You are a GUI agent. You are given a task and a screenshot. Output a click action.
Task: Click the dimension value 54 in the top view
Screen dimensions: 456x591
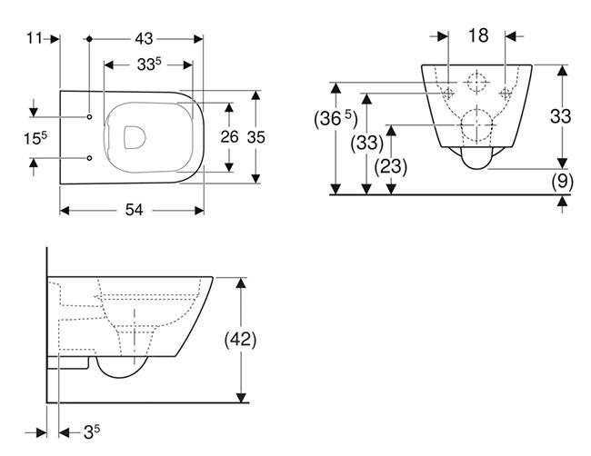(x=133, y=210)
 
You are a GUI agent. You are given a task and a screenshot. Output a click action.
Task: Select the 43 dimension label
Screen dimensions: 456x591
(x=144, y=38)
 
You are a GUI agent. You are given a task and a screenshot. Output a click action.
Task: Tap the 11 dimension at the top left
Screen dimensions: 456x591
(x=35, y=38)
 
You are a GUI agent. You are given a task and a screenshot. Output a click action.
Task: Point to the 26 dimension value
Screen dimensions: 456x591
(x=231, y=136)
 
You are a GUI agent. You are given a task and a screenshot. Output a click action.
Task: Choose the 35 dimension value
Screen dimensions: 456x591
(x=257, y=136)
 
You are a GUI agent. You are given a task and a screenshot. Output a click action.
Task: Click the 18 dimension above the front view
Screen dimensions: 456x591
(x=478, y=36)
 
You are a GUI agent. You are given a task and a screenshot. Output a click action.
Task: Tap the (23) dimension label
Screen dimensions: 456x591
(x=392, y=166)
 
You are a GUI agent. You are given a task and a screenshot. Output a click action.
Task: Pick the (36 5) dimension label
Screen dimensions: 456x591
(x=337, y=119)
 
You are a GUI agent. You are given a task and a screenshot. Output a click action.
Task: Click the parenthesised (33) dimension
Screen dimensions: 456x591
(x=366, y=143)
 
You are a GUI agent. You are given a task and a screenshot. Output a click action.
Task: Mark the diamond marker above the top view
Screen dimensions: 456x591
(x=89, y=38)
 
